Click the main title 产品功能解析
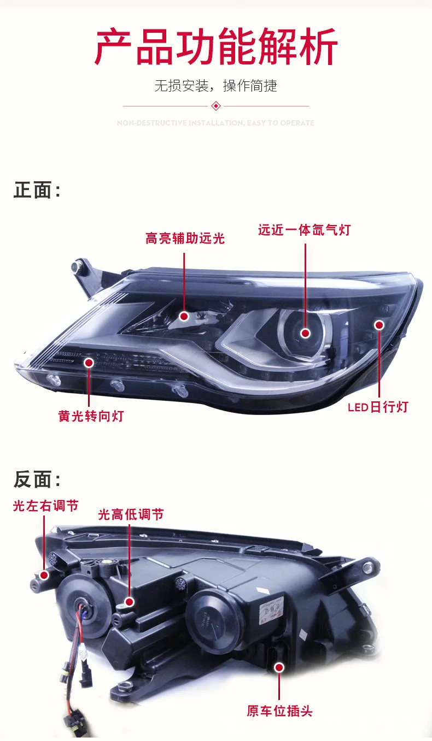(216, 48)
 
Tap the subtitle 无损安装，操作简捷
(216, 86)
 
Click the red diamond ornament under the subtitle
(216, 106)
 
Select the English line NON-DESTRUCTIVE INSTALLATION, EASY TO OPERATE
(216, 123)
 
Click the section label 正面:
(37, 191)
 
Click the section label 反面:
(37, 480)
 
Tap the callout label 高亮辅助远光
(185, 239)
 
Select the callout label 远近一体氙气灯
(304, 230)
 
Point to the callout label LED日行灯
(378, 407)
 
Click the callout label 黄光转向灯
(91, 416)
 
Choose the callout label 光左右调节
(45, 506)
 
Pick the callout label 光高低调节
(131, 514)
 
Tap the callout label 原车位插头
(279, 711)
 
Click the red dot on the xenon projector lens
(305, 333)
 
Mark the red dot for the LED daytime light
(379, 325)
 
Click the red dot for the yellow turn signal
(89, 362)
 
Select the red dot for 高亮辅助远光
(184, 316)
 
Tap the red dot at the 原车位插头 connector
(279, 667)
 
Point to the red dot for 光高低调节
(130, 602)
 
